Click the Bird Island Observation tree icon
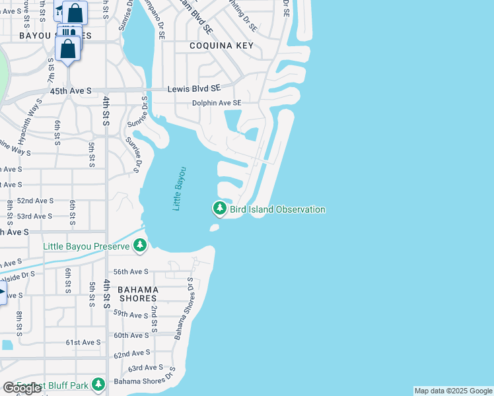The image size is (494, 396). tap(219, 209)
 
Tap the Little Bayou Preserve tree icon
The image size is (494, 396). tap(139, 246)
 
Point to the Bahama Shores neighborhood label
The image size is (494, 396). tap(138, 294)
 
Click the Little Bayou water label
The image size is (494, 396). tap(180, 189)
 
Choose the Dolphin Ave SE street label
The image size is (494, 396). tap(216, 103)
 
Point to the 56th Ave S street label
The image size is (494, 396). tap(131, 271)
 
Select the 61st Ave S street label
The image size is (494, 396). tap(83, 343)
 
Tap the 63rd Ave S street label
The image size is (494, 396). tap(145, 368)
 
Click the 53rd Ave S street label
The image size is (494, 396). tap(35, 216)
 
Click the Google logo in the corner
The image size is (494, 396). tap(22, 388)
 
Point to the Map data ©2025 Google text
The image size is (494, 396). tap(453, 391)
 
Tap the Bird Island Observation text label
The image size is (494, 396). tap(277, 209)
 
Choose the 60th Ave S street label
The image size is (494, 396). tap(131, 335)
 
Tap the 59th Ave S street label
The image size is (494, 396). tap(131, 315)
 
